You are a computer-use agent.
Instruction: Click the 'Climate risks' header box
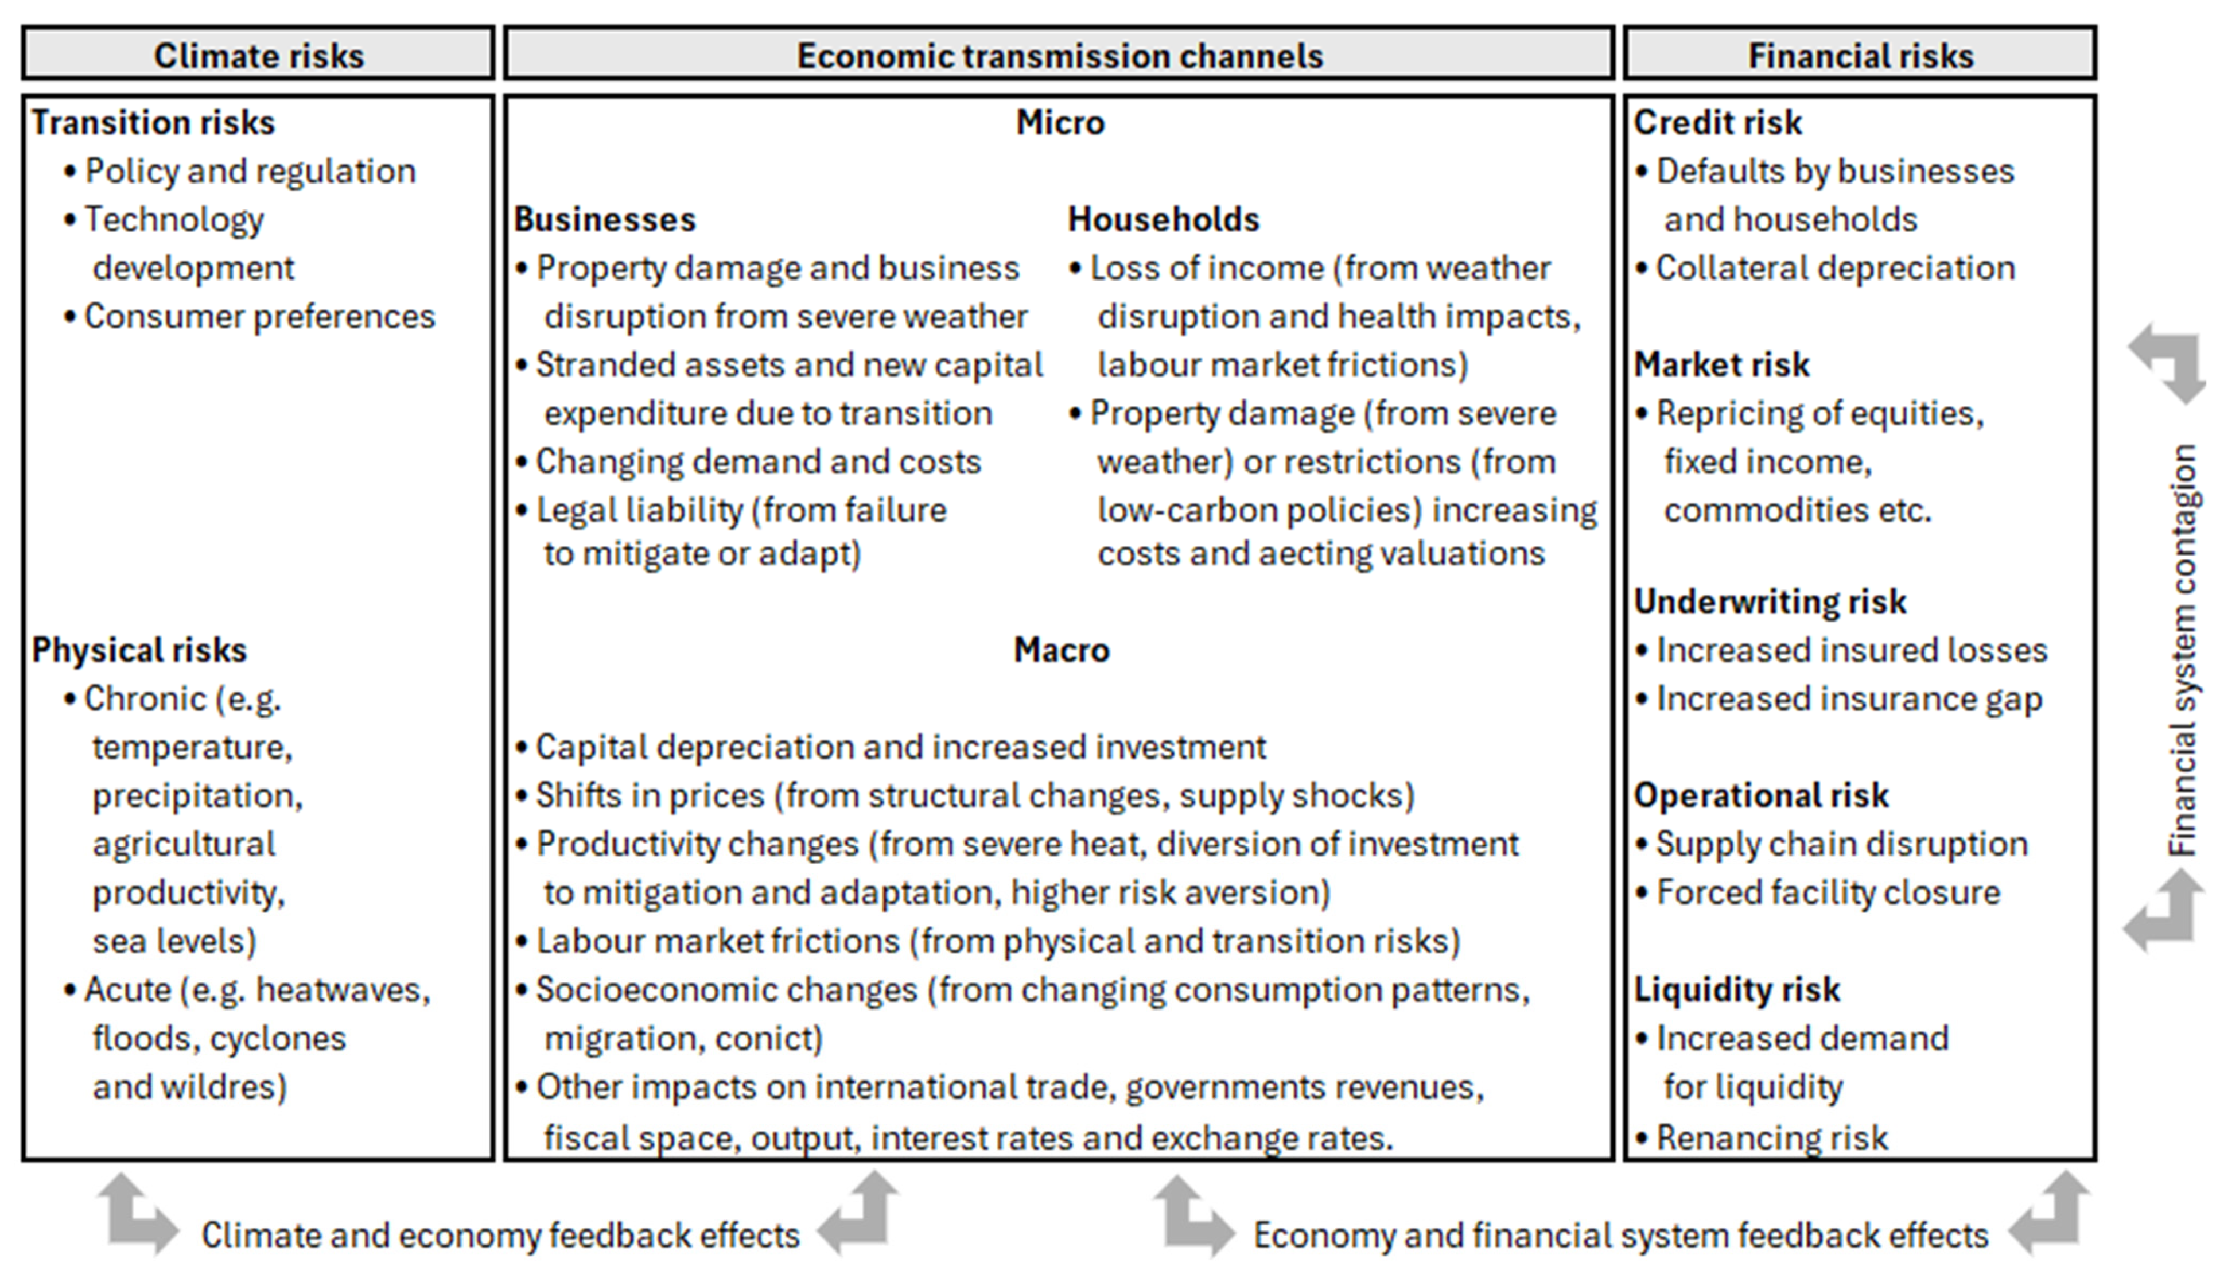tap(258, 55)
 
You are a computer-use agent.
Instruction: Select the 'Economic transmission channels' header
tap(1059, 55)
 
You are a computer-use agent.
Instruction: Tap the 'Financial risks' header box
tap(1860, 55)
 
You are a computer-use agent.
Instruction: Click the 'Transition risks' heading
tap(153, 122)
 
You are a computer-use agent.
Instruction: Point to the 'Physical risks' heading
tap(139, 650)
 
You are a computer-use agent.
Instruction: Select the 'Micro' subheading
tap(1060, 122)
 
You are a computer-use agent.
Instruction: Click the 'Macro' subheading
tap(1061, 650)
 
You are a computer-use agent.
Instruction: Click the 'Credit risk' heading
tap(1718, 122)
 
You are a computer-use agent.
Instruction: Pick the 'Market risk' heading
tap(1721, 365)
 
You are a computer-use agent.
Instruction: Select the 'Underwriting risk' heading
tap(1770, 602)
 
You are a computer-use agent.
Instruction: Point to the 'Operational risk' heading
tap(1761, 795)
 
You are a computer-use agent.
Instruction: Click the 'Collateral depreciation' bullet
tap(1834, 269)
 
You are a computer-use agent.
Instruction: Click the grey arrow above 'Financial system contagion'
tap(2168, 362)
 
